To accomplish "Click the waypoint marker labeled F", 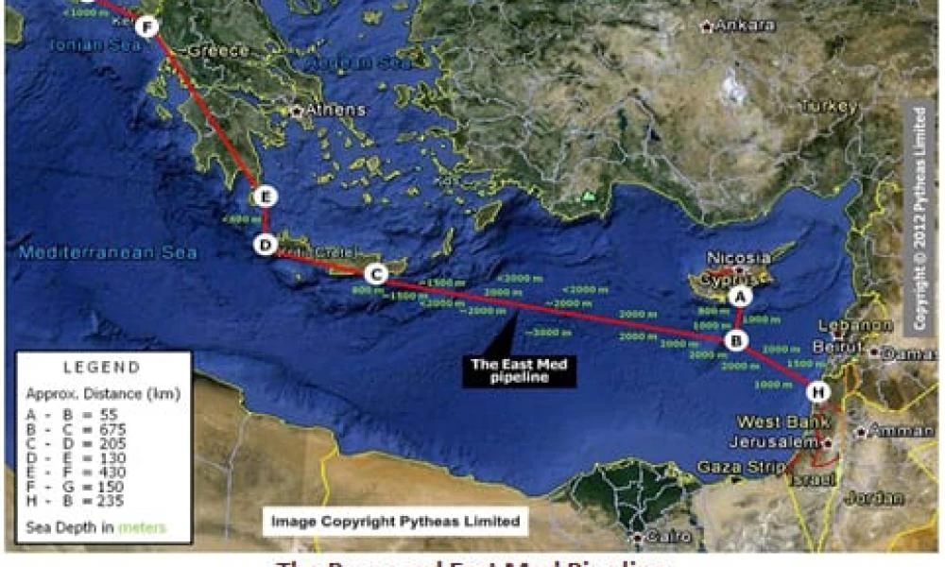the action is click(146, 26).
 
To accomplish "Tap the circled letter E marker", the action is click(266, 197).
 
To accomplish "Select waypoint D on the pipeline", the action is click(266, 245).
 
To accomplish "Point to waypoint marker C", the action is click(375, 275).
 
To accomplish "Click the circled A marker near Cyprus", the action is click(741, 297).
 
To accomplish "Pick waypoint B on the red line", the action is click(736, 340).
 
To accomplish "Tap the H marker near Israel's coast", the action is click(818, 390).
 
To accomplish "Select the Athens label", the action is click(334, 111).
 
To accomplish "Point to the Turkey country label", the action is click(829, 107).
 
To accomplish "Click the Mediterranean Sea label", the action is click(109, 252).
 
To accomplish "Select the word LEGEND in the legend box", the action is click(101, 367).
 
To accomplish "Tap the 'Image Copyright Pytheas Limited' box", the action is click(395, 521).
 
